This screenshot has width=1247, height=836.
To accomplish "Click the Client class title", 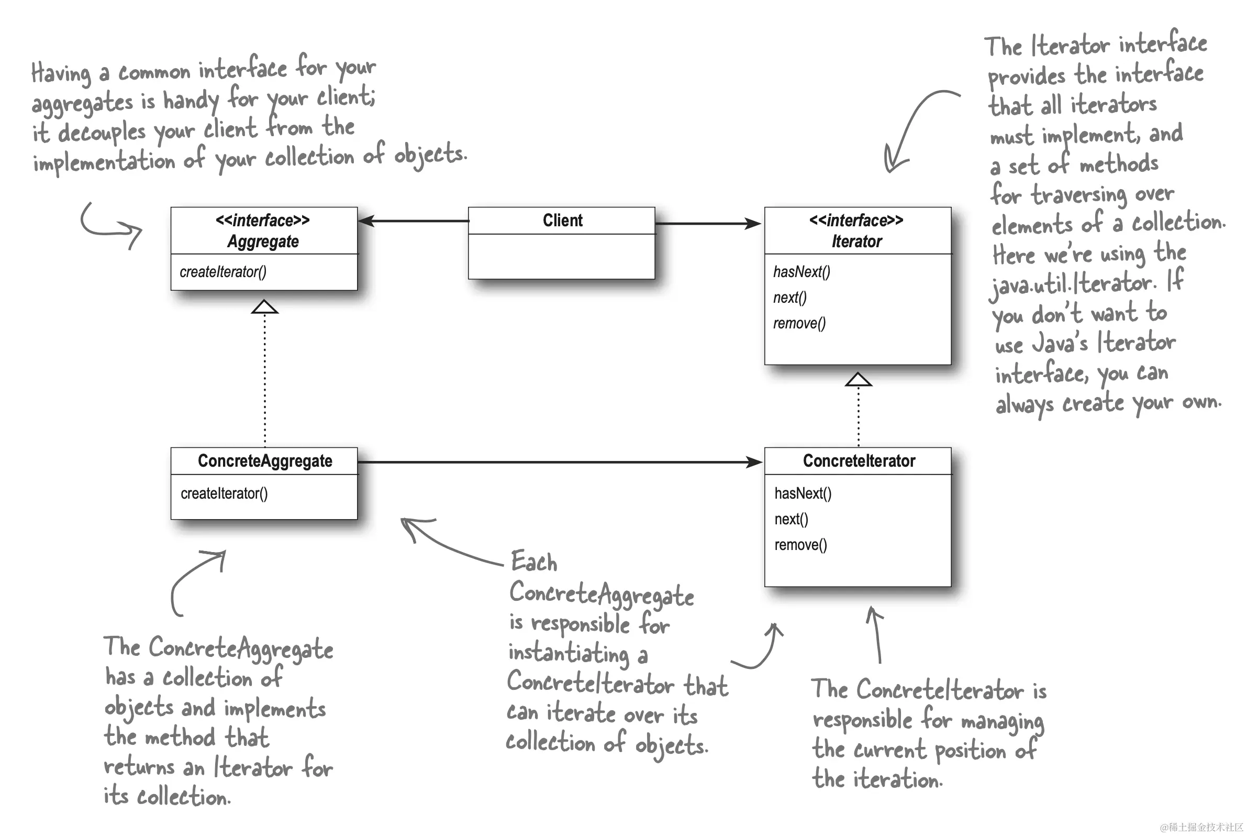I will (x=562, y=220).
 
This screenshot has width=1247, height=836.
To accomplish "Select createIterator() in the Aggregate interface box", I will (x=223, y=272).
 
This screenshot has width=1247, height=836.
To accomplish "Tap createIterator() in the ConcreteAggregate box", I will (x=224, y=493).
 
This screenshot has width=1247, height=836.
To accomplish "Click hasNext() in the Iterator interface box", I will (x=801, y=272).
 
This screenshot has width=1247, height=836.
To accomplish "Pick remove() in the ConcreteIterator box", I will (x=800, y=544).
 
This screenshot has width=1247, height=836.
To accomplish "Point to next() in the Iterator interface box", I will (x=790, y=298).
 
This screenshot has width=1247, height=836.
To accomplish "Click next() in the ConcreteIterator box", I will (x=791, y=519).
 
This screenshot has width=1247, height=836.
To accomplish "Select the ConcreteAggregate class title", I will (x=265, y=460).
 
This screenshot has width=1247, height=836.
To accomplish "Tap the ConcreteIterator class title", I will (x=859, y=460).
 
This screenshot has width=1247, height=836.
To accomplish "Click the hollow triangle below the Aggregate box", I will (x=265, y=307).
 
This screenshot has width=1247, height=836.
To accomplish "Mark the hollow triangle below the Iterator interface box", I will (x=858, y=380).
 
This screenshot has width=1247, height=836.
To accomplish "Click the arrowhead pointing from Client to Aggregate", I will (x=367, y=221).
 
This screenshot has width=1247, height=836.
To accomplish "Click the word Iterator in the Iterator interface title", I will (x=856, y=241).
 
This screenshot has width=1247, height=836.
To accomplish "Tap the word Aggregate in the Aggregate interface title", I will (x=263, y=241).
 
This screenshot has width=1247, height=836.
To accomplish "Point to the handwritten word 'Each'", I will (x=534, y=562).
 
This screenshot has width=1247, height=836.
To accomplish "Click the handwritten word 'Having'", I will (x=61, y=73).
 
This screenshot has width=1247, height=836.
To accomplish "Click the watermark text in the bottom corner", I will (x=1201, y=827).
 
